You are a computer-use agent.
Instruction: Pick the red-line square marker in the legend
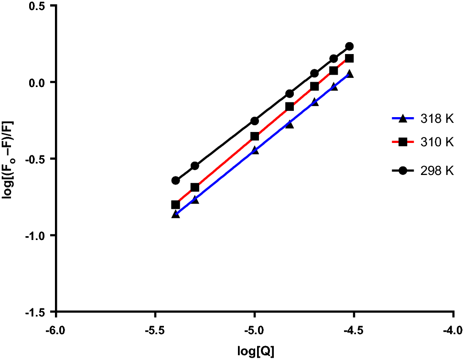[x=403, y=142]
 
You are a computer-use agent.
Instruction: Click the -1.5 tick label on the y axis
[x=38, y=312]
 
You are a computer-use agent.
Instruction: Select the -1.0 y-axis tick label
[x=38, y=235]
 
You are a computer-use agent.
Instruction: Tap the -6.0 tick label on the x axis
[x=56, y=330]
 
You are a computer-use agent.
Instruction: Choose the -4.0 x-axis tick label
[x=453, y=330]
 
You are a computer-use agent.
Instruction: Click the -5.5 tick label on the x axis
[x=155, y=330]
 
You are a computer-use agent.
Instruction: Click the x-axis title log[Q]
[x=256, y=351]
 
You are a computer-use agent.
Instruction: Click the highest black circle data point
[x=349, y=46]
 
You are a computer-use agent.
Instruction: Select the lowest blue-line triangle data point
[x=175, y=214]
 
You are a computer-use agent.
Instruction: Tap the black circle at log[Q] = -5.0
[x=255, y=121]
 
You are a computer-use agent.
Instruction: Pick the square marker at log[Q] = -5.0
[x=255, y=136]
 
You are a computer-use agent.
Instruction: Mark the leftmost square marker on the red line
[x=175, y=205]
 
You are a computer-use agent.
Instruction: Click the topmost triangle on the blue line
[x=349, y=74]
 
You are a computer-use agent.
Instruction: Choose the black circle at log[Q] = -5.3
[x=195, y=166]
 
